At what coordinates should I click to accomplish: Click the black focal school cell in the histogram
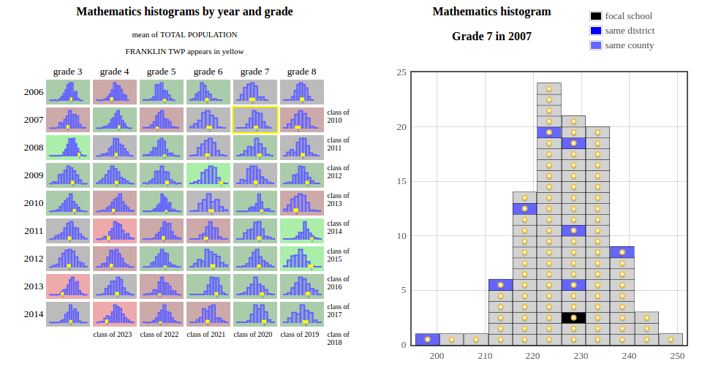tap(573, 317)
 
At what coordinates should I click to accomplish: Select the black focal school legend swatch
tap(596, 16)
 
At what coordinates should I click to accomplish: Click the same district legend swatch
tap(596, 31)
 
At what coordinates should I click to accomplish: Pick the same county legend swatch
tap(596, 45)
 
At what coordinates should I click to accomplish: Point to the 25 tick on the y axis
tap(401, 72)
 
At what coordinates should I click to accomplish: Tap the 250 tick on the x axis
tap(677, 356)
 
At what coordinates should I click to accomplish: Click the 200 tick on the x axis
tap(437, 356)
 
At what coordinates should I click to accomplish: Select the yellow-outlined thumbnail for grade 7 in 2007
tap(255, 119)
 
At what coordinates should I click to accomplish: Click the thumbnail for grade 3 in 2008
tap(68, 147)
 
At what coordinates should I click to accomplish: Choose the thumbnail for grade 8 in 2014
tap(302, 313)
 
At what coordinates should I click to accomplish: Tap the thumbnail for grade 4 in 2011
tap(115, 230)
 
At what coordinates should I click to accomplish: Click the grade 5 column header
tap(161, 72)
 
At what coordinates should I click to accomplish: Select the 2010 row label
tap(34, 203)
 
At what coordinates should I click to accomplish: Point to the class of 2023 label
tap(113, 335)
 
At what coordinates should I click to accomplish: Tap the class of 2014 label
tap(338, 227)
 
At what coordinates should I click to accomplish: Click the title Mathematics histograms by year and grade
tap(184, 12)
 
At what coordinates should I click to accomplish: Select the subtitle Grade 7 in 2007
tap(491, 37)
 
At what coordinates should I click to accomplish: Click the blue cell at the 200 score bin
tap(427, 339)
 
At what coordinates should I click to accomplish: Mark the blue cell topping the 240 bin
tap(622, 252)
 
